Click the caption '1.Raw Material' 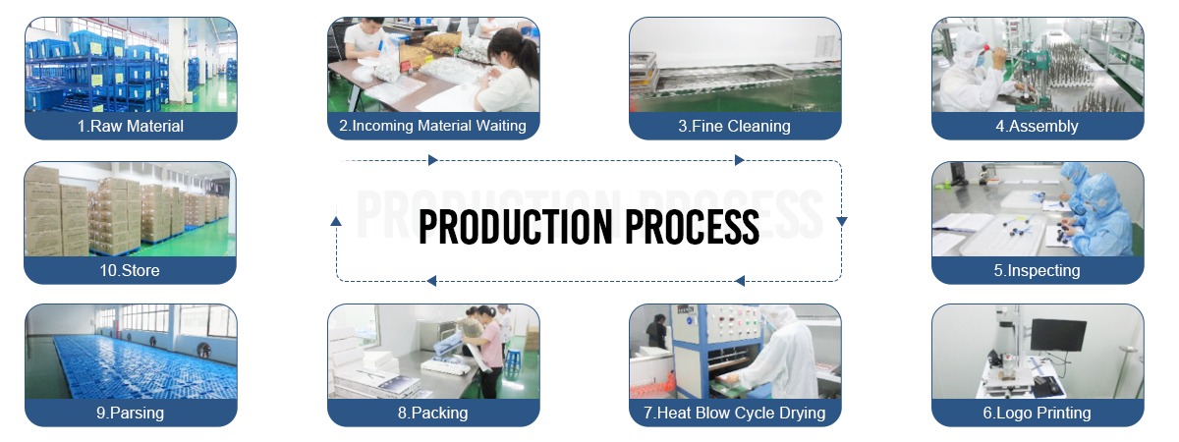coord(131,127)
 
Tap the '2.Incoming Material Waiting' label coord(432,126)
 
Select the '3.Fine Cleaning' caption coord(734,127)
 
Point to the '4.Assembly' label coord(1037,127)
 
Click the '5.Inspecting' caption coord(1037,270)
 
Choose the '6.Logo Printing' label coord(1037,414)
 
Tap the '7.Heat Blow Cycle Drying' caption coord(734,414)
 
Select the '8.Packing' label coord(432,414)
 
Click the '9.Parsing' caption coord(130,414)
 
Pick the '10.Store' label coord(130,270)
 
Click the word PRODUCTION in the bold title coord(516,227)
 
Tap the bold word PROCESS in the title coord(692,227)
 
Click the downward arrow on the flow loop coord(842,221)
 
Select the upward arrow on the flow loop coord(336,221)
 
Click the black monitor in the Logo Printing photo coord(1058,335)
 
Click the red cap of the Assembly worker coord(982,47)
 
